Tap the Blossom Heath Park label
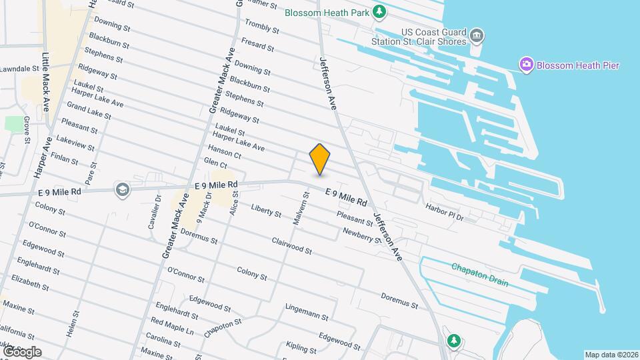coord(327,12)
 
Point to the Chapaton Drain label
coord(479,274)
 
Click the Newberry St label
coord(361,235)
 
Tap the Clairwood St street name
coord(291,245)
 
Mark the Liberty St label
coord(266,210)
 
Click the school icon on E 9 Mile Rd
coord(121,190)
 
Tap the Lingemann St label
coord(306,311)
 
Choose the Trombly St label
coord(260,33)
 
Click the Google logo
coord(22,351)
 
